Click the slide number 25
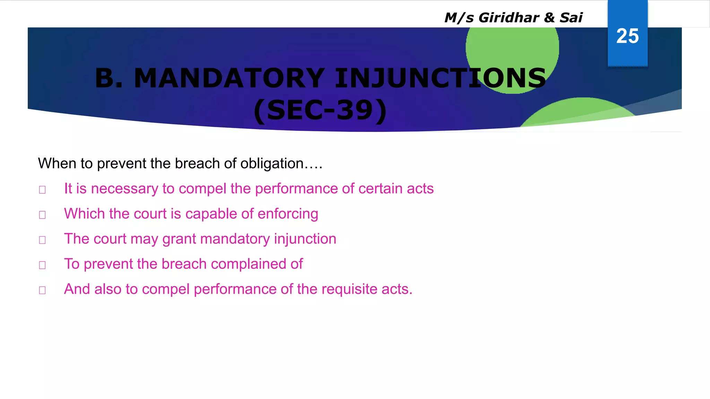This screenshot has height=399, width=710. coord(627,36)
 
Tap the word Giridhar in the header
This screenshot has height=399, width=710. coord(509,18)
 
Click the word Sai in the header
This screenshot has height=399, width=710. coord(571,18)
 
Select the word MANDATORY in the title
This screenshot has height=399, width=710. coord(229,78)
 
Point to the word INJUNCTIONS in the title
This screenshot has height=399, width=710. coord(440,78)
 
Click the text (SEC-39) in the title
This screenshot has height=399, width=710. coord(320,110)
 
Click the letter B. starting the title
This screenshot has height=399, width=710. coord(109,78)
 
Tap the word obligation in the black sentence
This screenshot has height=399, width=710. coord(272,163)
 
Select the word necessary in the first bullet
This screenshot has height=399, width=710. coord(124,189)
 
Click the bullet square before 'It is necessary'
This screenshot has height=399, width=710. coord(42,190)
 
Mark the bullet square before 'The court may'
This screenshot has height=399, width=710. coord(42,240)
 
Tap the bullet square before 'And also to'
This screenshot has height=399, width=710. coord(42,290)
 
